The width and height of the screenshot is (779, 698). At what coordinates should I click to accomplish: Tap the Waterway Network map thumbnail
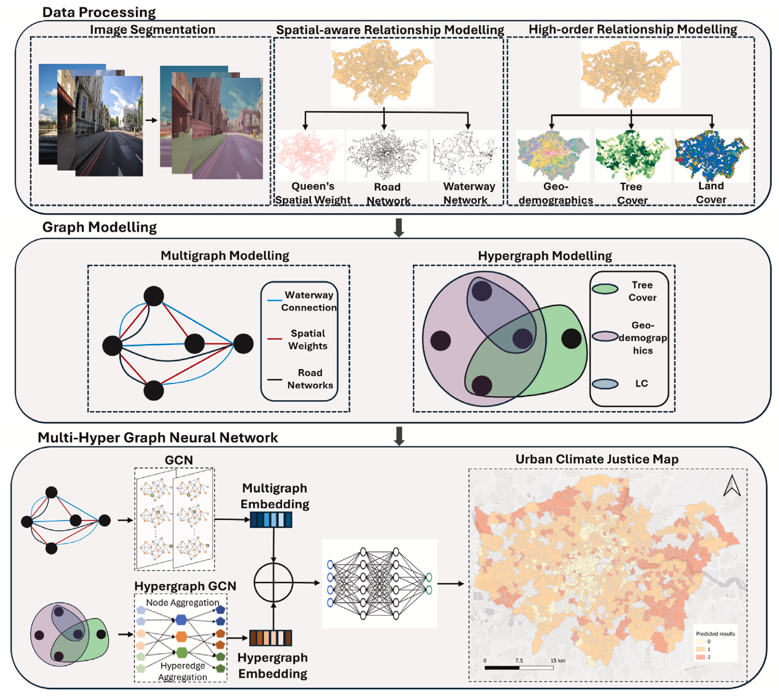coord(465,154)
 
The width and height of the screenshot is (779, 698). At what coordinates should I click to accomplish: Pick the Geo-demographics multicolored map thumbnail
coord(552,155)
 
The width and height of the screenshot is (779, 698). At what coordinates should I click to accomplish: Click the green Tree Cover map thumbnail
coord(631,155)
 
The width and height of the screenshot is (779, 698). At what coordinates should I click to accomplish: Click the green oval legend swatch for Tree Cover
coord(605,289)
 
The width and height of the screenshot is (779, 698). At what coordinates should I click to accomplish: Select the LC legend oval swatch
coord(605,384)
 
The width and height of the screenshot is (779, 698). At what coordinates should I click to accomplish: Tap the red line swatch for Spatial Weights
coord(275,339)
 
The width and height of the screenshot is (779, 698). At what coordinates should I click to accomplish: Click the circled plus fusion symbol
coord(273,583)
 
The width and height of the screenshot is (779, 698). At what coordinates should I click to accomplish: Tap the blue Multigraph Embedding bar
coord(271,520)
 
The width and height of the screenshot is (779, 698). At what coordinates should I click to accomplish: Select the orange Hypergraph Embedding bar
coord(271,638)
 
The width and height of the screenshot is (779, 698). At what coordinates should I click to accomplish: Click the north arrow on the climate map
coord(732,486)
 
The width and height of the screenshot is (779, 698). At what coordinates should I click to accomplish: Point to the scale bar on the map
coord(519,668)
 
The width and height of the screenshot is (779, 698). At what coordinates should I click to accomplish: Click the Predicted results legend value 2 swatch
coord(701,657)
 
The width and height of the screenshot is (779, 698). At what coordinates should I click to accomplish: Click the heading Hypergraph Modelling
coord(545,256)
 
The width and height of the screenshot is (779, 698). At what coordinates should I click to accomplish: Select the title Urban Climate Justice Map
coord(597,459)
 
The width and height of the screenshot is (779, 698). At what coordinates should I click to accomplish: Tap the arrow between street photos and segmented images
coord(151,120)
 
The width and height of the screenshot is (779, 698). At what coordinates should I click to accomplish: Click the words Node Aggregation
coord(182,603)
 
